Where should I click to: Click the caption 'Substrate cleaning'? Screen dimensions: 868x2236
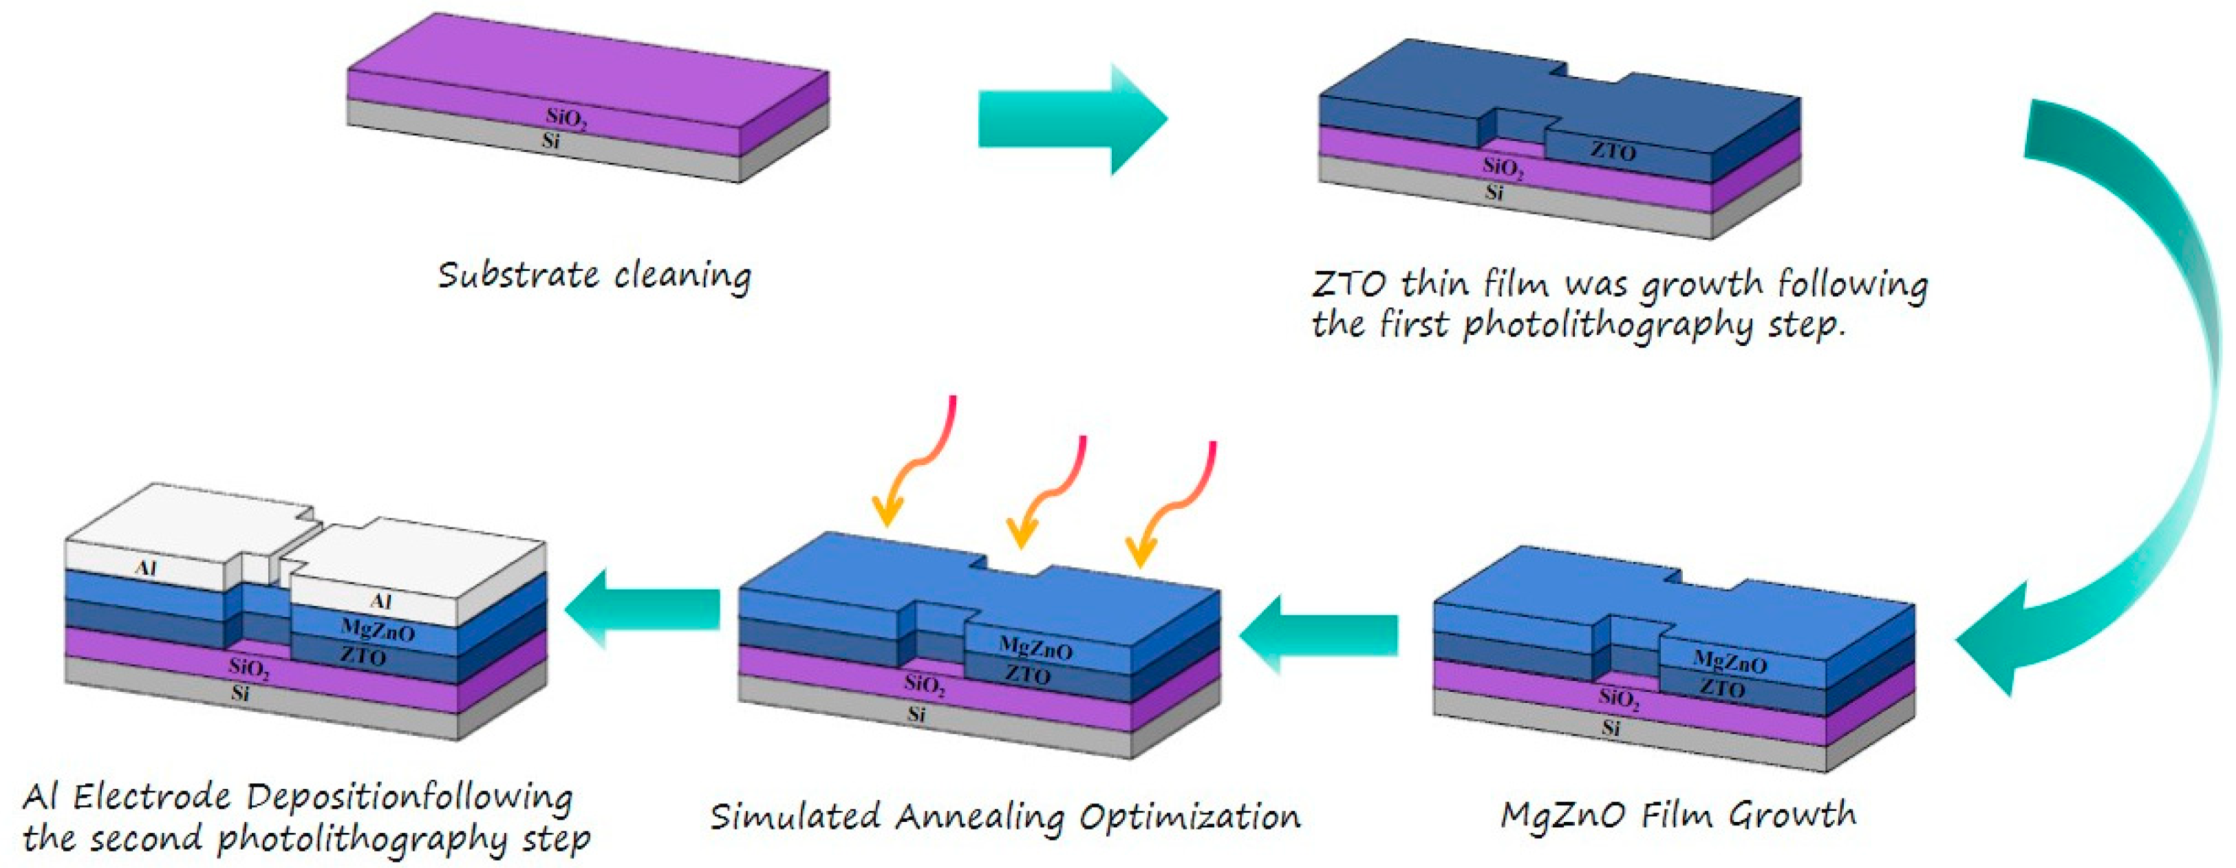[594, 276]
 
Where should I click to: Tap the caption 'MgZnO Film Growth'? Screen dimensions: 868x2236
[1678, 814]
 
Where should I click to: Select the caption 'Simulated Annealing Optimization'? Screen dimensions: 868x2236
[1005, 816]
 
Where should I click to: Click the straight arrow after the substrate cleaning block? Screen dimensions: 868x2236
[1071, 120]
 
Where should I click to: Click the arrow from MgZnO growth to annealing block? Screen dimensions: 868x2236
[1320, 636]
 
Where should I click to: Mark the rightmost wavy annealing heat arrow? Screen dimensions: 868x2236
[1176, 503]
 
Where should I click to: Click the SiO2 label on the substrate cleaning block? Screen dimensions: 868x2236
[566, 118]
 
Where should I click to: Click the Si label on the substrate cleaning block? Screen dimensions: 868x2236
[550, 140]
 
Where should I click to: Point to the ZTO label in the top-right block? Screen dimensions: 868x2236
[1613, 151]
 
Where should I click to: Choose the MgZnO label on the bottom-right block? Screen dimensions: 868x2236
[1729, 663]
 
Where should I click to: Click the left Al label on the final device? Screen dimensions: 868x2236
[146, 569]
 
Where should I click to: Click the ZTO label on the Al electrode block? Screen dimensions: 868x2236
[363, 656]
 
